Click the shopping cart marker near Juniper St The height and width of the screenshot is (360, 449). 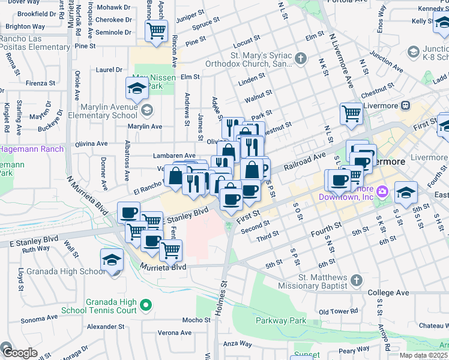pos(156,30)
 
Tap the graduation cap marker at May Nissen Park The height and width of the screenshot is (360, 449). pos(137,88)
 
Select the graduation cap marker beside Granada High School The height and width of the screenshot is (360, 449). pos(112,260)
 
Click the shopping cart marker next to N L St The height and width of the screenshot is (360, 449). pos(351,113)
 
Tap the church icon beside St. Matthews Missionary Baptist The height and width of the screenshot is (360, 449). pos(356,280)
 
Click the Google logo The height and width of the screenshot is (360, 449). pos(19,353)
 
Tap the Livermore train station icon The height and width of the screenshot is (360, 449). pos(406,106)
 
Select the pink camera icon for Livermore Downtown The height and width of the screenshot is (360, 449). pos(382,191)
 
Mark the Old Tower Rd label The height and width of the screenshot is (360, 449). pos(339,312)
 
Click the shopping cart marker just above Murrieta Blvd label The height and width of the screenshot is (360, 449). pos(171,250)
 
